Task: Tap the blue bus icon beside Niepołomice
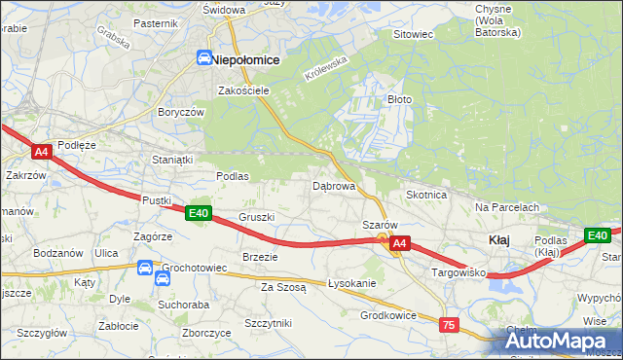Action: (x=204, y=58)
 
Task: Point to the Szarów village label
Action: (x=380, y=225)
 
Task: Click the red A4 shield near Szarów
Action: (x=399, y=247)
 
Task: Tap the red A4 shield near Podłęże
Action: (x=41, y=152)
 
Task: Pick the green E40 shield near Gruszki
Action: (x=199, y=213)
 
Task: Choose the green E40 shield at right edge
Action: (x=597, y=235)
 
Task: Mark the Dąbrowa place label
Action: (x=333, y=185)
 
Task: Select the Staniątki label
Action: (x=172, y=159)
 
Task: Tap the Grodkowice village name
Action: (x=388, y=314)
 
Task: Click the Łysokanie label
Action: (x=351, y=283)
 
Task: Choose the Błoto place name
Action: (x=401, y=99)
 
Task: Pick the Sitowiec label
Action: (x=412, y=34)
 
